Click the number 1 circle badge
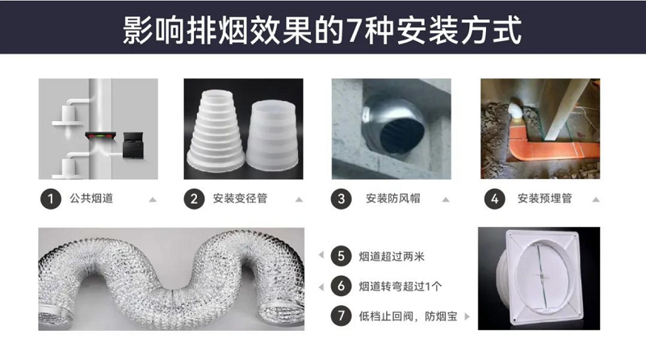pos(51,199)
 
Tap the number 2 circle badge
pos(195,199)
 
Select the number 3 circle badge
pos(342,199)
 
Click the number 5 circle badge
pos(342,257)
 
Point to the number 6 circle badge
pos(342,286)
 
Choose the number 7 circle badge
pos(342,316)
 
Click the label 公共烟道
pos(91,199)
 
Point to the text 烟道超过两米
pos(392,257)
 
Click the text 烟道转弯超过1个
pos(400,286)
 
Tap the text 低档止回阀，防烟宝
pos(407,316)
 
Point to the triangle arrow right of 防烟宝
pos(467,316)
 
